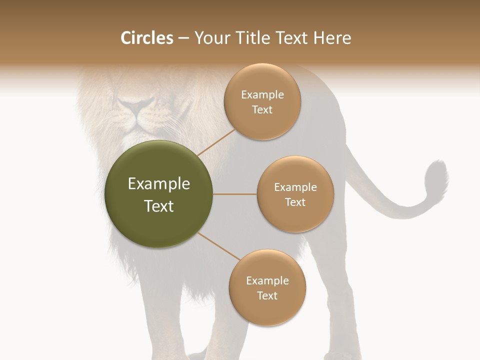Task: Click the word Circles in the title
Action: [x=147, y=38]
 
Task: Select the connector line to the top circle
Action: [x=216, y=142]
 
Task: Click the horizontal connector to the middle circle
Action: [x=235, y=194]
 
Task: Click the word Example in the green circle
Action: [x=159, y=184]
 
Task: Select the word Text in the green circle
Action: [x=159, y=206]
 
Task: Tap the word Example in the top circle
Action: [x=262, y=95]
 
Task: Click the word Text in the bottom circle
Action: [x=267, y=295]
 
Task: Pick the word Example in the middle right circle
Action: [x=295, y=187]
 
